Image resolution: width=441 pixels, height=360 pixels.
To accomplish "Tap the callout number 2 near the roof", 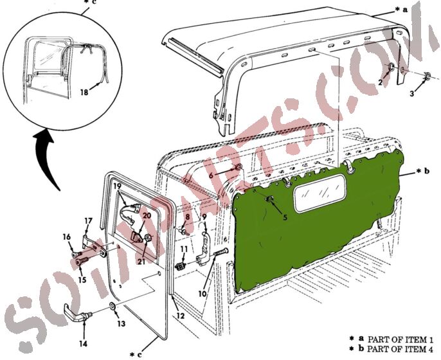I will (381, 83).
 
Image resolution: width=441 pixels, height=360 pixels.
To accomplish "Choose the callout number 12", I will (180, 316).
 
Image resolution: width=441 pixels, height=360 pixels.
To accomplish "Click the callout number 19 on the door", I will (118, 186).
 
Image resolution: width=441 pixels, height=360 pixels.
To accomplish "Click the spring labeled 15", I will (84, 260).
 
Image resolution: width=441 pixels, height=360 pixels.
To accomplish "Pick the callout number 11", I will (183, 249).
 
